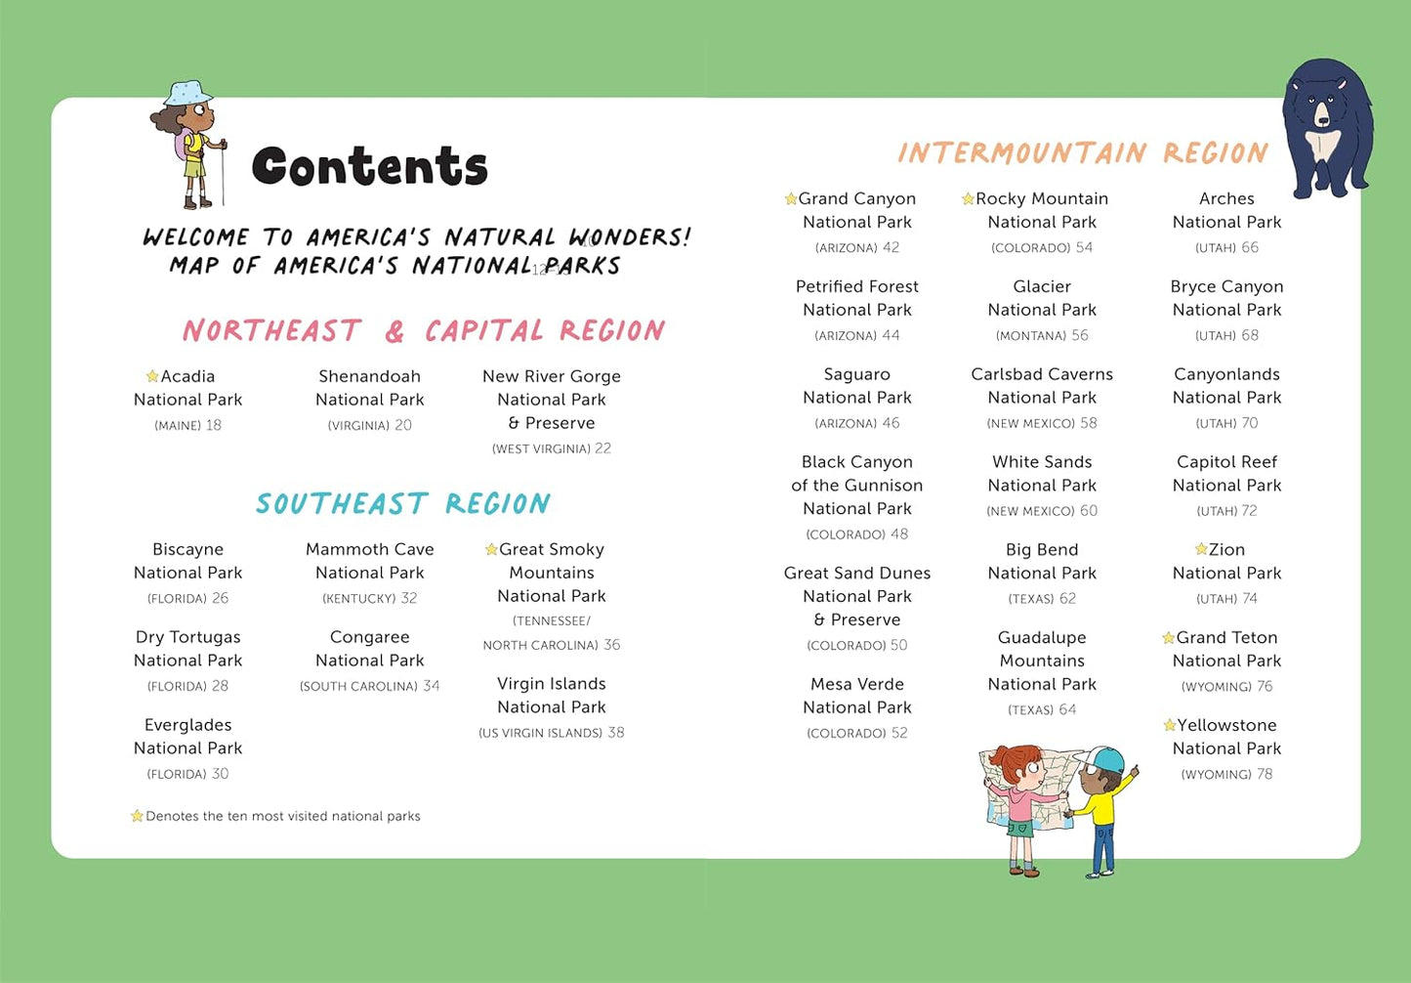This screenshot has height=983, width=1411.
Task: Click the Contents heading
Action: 369,166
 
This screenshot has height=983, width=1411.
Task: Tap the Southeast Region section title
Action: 402,503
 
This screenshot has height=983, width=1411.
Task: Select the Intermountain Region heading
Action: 1082,153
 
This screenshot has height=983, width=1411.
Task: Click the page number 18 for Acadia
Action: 214,425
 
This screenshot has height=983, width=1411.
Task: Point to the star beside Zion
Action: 1201,549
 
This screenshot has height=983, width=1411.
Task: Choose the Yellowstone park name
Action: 1226,725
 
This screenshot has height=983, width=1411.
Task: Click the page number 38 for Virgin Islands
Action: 616,733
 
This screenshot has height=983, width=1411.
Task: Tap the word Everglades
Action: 187,725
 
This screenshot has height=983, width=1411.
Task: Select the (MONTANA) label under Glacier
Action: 1030,336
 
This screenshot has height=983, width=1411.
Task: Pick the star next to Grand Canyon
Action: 791,199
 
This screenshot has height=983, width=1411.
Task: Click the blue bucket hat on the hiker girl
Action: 187,94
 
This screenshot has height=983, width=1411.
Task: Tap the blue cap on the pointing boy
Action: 1104,759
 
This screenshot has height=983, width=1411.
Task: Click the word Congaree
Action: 369,637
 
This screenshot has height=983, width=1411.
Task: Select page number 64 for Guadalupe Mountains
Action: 1067,709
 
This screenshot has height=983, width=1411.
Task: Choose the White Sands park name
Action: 1042,462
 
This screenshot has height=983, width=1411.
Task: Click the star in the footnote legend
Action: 137,816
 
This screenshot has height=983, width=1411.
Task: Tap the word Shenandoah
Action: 369,376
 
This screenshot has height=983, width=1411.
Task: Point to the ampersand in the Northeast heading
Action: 394,332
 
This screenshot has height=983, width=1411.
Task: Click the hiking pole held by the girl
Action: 224,176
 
